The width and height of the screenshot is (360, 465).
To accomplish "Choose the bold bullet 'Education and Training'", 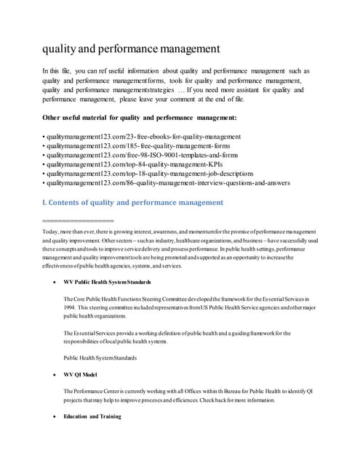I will tap(93, 417).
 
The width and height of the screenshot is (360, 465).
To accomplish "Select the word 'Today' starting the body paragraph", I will tap(51, 231).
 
